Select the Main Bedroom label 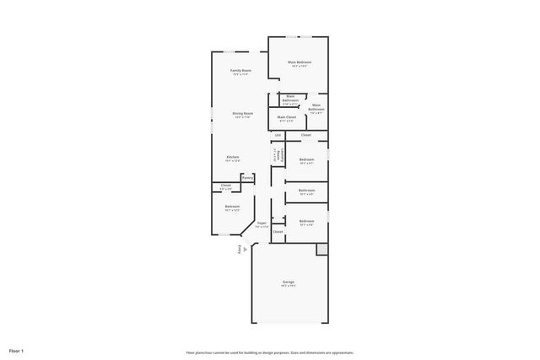click(300, 62)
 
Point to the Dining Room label click(243, 113)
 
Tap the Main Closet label click(286, 117)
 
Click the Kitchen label click(232, 157)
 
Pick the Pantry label click(247, 178)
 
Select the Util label click(278, 135)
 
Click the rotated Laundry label click(276, 156)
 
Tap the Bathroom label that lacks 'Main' click(306, 191)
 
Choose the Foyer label click(262, 223)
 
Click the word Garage click(289, 282)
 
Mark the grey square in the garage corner click(321, 250)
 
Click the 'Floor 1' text click(17, 350)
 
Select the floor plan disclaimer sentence click(270, 352)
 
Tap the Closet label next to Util click(306, 135)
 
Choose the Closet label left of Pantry click(226, 185)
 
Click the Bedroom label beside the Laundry click(307, 159)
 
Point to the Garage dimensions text click(289, 287)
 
